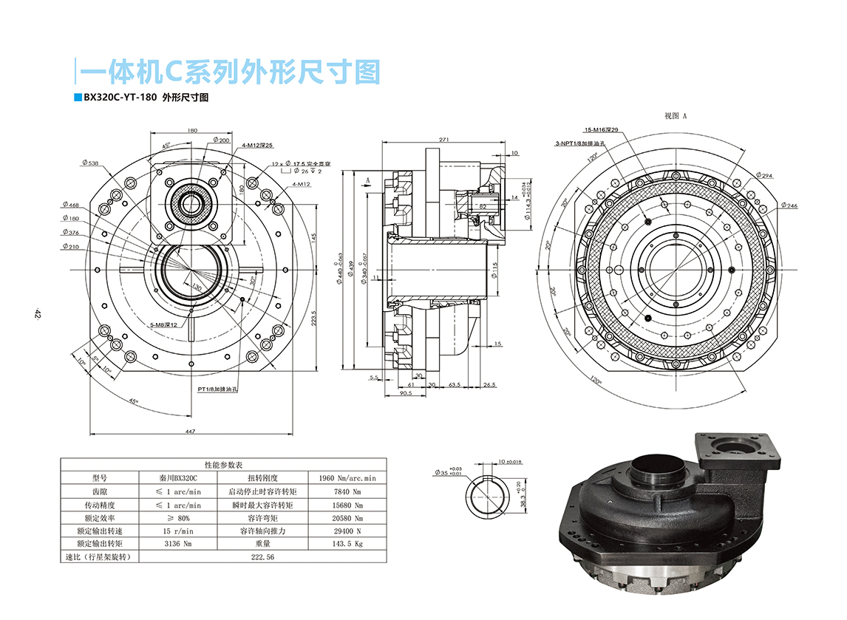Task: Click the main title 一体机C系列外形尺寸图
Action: (230, 72)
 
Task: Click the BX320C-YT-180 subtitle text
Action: (146, 98)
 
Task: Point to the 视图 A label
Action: (676, 116)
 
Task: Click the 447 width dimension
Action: (190, 431)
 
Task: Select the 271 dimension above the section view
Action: (444, 139)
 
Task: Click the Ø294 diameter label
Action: (764, 176)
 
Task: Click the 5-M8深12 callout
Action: (164, 324)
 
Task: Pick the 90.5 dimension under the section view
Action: (406, 394)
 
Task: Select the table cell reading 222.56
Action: (262, 556)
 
